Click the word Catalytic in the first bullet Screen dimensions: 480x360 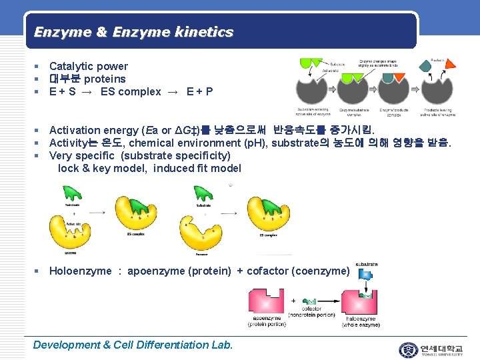click(x=70, y=66)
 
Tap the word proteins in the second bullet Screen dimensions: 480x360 click(x=105, y=79)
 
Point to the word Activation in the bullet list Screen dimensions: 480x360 click(x=74, y=130)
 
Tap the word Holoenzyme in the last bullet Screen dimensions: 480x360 click(x=81, y=271)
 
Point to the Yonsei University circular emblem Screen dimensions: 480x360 click(x=407, y=350)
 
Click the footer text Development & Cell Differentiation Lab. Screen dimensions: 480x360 click(x=133, y=345)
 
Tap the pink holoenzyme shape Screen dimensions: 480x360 click(x=361, y=305)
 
